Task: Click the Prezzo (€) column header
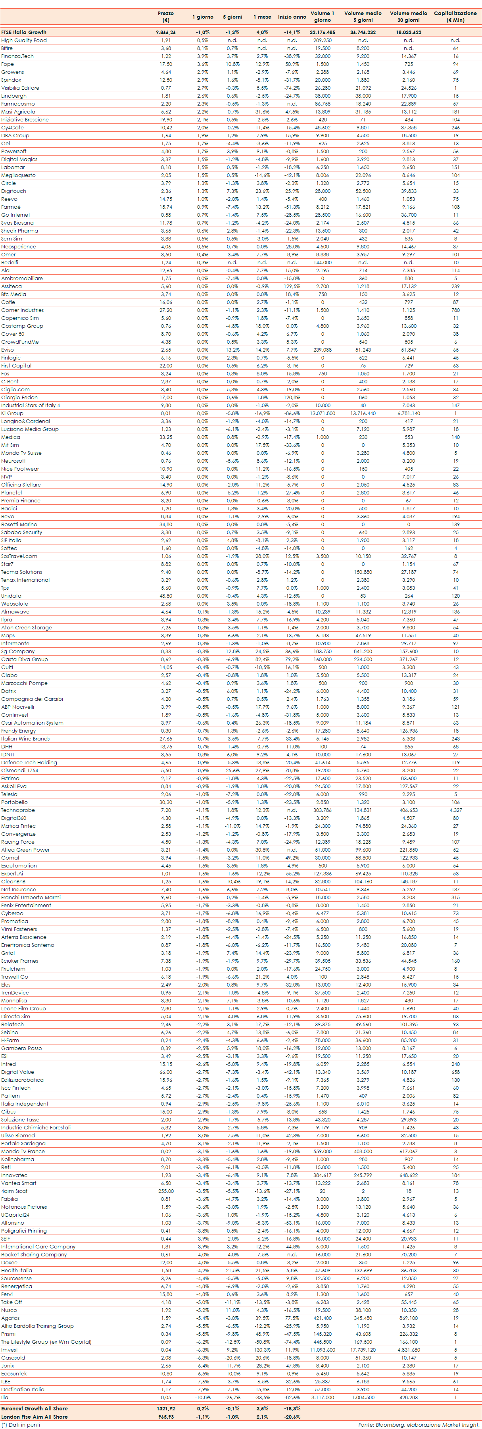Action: [x=165, y=16]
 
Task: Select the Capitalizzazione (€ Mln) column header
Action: [x=455, y=16]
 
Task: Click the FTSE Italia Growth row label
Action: [x=24, y=32]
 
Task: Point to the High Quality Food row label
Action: [x=24, y=40]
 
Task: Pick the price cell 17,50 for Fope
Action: [x=165, y=64]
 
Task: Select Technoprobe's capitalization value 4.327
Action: [x=455, y=810]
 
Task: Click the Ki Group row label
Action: [x=12, y=413]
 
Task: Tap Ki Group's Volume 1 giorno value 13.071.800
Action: [x=322, y=413]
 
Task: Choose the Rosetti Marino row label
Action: [x=19, y=524]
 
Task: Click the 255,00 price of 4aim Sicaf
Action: [x=165, y=1191]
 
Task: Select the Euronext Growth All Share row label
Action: [x=35, y=1408]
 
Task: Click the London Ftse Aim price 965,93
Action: [x=165, y=1416]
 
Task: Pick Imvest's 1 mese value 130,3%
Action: [x=262, y=1350]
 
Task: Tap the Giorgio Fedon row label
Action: [x=19, y=397]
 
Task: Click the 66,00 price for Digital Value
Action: [x=165, y=1072]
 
